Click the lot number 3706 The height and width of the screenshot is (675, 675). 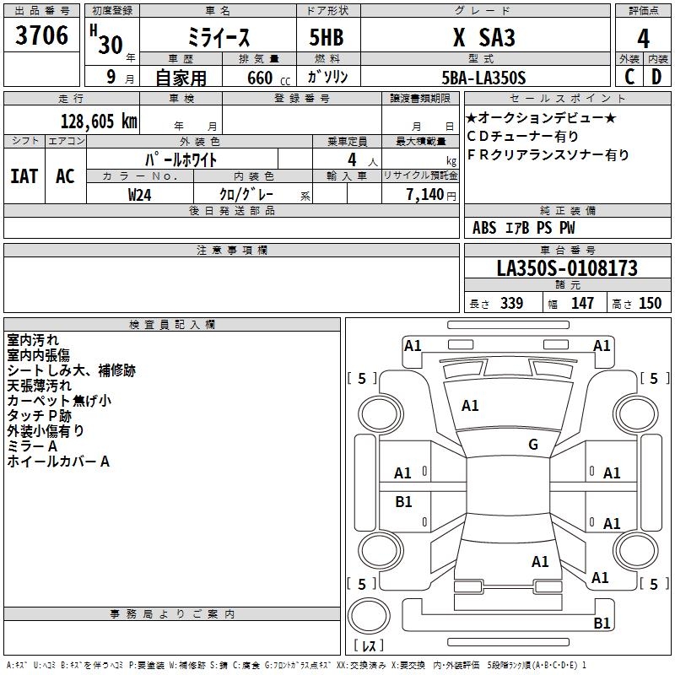coord(42,36)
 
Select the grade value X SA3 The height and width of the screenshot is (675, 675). coord(483,38)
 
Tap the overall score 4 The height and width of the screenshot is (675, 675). coord(643,39)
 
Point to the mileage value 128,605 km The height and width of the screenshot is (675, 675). coord(99,121)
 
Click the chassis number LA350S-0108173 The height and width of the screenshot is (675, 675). coord(567,268)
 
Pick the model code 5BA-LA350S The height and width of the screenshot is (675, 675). coord(483,78)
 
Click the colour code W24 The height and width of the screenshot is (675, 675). coord(140,194)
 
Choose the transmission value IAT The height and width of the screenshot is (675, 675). coord(24,176)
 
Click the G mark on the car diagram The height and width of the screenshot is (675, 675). coord(532,445)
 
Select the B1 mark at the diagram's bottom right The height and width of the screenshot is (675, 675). coord(602,624)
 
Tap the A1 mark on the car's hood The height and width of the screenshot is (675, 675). coord(470,406)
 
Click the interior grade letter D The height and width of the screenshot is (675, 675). coord(656,77)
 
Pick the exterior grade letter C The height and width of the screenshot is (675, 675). coord(629,77)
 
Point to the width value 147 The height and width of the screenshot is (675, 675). coord(582,303)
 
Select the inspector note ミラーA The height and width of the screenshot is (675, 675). coord(32,445)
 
